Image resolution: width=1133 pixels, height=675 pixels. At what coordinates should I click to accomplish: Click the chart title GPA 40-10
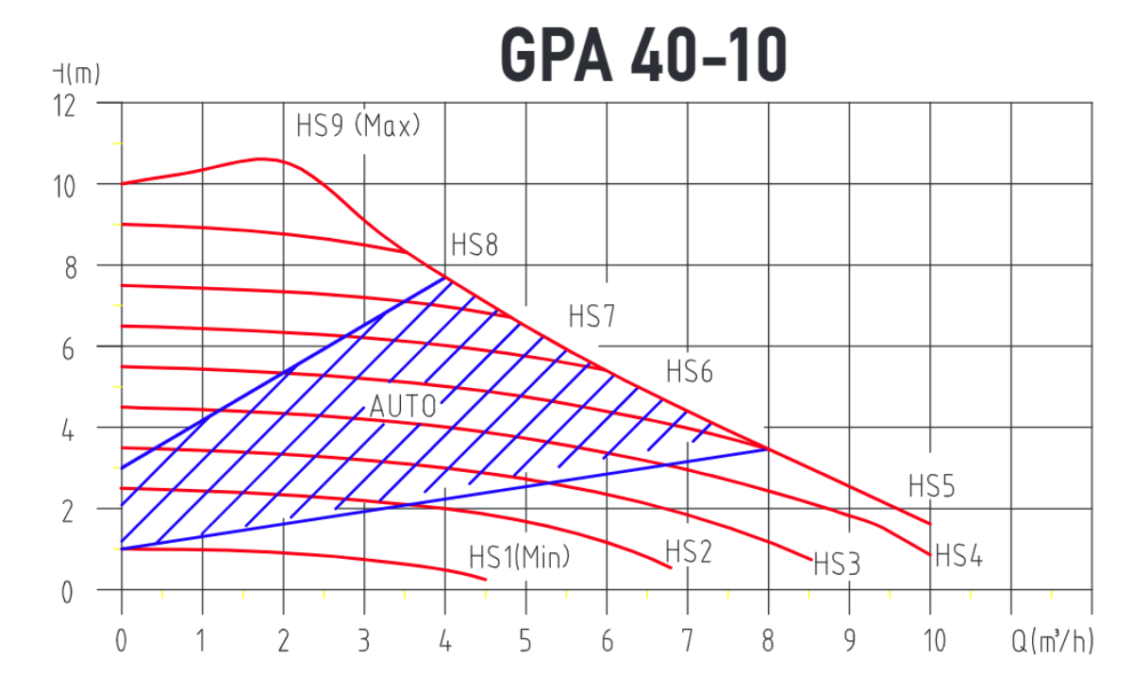pyautogui.click(x=641, y=54)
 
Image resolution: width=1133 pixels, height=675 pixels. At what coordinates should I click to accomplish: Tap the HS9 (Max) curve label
pyautogui.click(x=358, y=126)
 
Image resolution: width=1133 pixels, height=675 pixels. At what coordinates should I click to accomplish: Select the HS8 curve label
pyautogui.click(x=474, y=245)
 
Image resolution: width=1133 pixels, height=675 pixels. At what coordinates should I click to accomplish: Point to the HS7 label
pyautogui.click(x=591, y=316)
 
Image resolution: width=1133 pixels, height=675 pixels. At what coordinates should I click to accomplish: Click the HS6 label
pyautogui.click(x=690, y=371)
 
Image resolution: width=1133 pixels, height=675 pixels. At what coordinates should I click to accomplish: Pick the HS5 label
pyautogui.click(x=932, y=486)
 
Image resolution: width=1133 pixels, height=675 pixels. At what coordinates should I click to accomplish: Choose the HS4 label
pyautogui.click(x=958, y=557)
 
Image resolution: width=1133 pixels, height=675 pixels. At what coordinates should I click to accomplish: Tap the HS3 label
pyautogui.click(x=837, y=565)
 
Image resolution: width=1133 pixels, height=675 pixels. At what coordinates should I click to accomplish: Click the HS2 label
pyautogui.click(x=688, y=550)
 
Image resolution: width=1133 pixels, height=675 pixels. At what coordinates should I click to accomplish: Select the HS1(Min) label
pyautogui.click(x=520, y=557)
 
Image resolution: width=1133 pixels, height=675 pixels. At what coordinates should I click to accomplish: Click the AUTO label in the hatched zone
pyautogui.click(x=403, y=407)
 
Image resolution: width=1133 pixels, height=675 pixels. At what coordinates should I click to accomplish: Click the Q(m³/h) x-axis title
pyautogui.click(x=1053, y=642)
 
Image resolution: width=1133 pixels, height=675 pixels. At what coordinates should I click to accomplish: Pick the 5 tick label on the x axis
pyautogui.click(x=525, y=642)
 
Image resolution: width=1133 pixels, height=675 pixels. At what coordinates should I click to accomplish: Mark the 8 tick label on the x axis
pyautogui.click(x=768, y=642)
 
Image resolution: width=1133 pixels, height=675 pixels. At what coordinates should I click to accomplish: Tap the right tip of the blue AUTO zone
pyautogui.click(x=768, y=449)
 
